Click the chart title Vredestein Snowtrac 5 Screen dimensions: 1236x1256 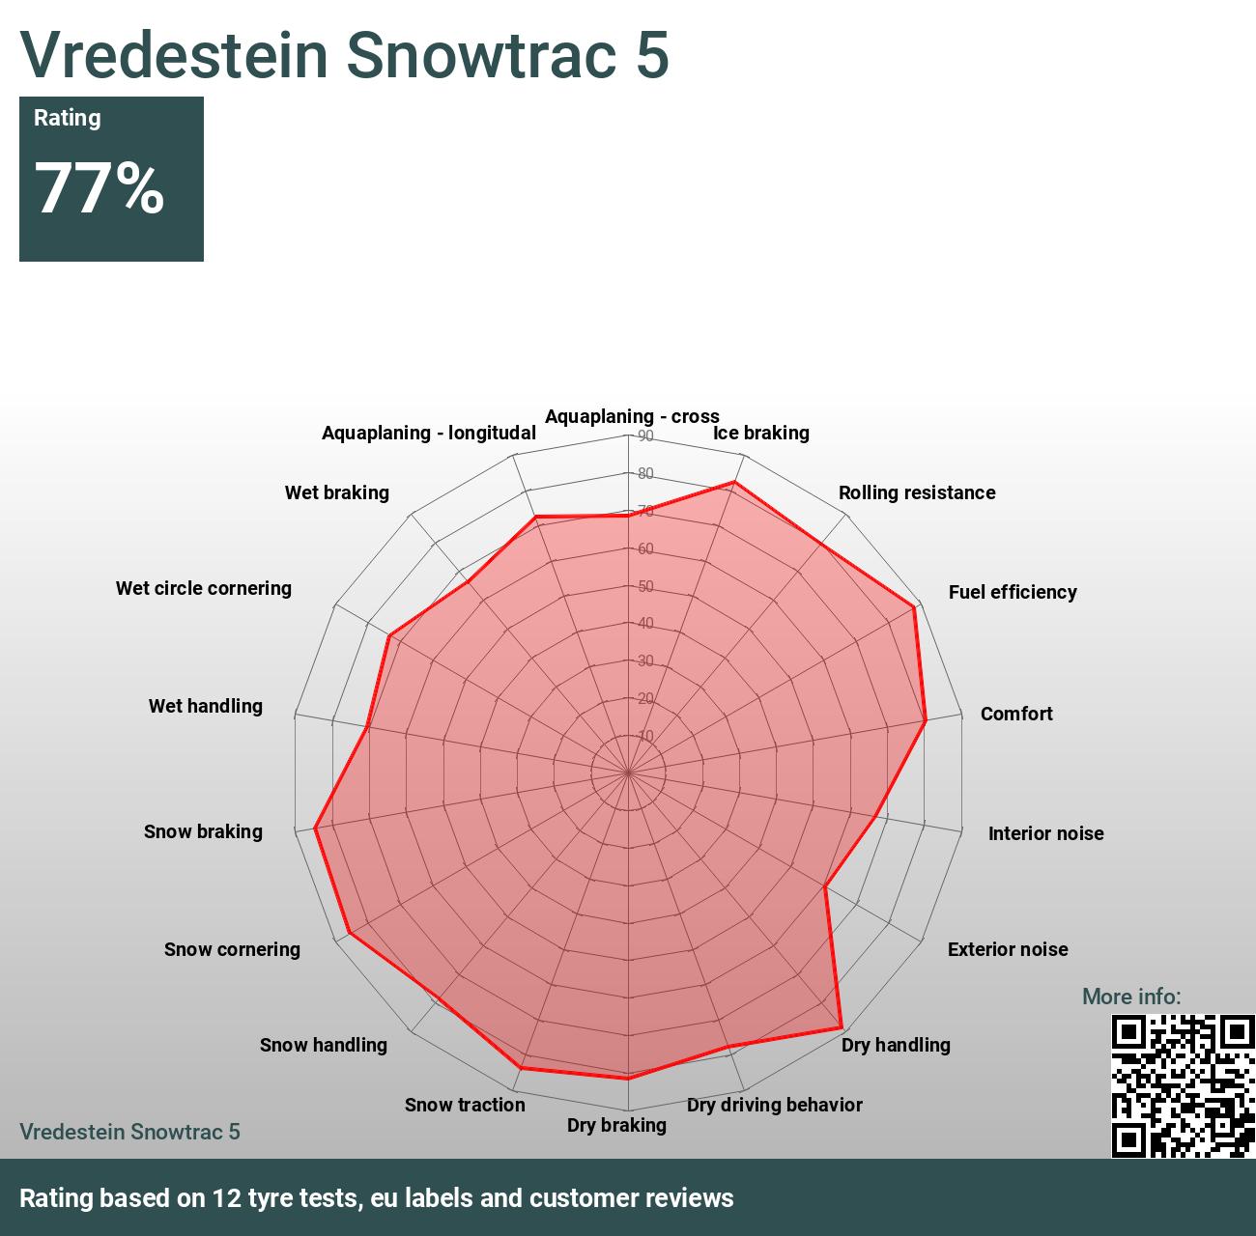(344, 54)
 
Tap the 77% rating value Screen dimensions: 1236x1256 (100, 187)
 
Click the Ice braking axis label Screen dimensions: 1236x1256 (761, 433)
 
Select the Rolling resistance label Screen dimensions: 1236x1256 (917, 492)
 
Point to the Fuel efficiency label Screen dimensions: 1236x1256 (1013, 592)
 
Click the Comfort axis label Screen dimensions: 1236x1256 (1016, 714)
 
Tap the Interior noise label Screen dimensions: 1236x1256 (1045, 833)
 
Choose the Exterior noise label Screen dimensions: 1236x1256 (1008, 949)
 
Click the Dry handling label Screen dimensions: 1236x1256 (896, 1045)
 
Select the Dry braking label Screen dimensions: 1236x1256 (616, 1125)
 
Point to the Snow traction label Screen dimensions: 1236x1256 (465, 1105)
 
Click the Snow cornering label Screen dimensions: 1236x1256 (232, 949)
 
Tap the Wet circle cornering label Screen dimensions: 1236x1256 (204, 588)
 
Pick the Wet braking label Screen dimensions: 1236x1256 (337, 492)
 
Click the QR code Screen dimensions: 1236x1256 (1183, 1085)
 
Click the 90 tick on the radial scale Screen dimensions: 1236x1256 (645, 436)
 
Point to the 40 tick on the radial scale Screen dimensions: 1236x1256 (645, 624)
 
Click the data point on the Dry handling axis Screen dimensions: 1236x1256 (842, 1027)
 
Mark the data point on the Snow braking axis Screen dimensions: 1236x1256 (316, 828)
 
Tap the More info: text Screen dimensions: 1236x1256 (1131, 997)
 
